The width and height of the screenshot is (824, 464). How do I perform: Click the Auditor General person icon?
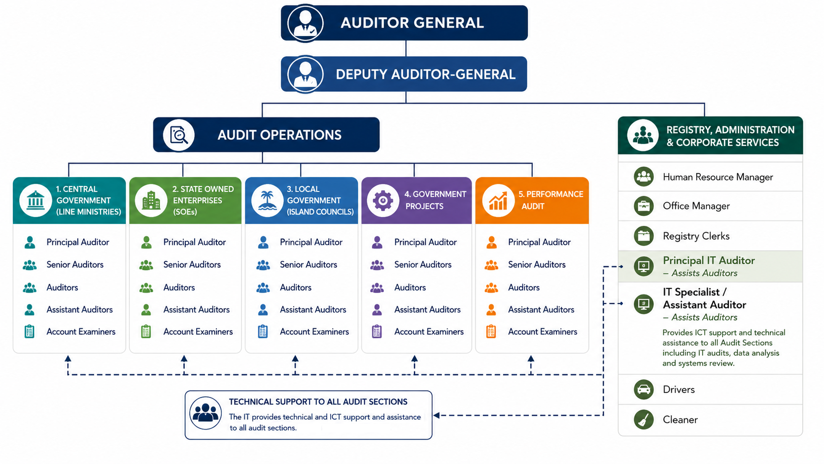(x=305, y=23)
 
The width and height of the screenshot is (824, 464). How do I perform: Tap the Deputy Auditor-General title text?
(x=425, y=74)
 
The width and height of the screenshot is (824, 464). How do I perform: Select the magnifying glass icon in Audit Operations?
(x=179, y=135)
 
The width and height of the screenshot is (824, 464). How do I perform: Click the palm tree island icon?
(x=267, y=201)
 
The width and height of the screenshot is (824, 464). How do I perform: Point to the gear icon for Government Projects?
(x=382, y=201)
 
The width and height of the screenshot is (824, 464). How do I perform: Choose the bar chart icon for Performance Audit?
(x=498, y=201)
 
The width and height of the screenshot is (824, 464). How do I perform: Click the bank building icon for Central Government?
(x=35, y=201)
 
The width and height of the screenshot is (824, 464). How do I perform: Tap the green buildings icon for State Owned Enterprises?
(x=151, y=201)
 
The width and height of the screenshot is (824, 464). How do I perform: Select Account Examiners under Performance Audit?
(x=543, y=332)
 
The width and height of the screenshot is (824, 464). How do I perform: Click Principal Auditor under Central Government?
(x=77, y=242)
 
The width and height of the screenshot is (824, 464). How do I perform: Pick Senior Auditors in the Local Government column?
(x=309, y=265)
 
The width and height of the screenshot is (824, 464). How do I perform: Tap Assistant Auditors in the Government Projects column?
(x=427, y=310)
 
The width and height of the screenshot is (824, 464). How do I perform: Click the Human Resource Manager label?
(x=718, y=177)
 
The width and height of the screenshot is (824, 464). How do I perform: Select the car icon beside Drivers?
(x=644, y=390)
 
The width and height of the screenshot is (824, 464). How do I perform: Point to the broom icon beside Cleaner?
(x=644, y=420)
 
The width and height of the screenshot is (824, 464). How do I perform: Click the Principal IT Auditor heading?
(x=709, y=260)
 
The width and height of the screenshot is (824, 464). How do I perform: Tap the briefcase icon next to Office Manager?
(x=644, y=206)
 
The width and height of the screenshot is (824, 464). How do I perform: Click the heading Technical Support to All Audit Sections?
(x=318, y=402)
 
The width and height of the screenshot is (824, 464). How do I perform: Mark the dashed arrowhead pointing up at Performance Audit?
(x=531, y=358)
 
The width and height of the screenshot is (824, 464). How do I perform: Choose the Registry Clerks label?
(x=696, y=236)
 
